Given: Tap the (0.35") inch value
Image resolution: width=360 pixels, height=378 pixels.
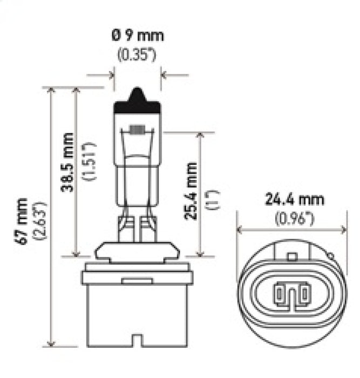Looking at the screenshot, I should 137,55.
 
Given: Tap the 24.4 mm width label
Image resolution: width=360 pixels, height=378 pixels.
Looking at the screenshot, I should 294,200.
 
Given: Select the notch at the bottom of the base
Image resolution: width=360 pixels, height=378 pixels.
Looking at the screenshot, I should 137,341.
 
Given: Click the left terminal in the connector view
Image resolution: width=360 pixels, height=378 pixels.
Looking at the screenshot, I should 280,294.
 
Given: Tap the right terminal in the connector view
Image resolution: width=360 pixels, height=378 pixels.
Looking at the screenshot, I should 304,294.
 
